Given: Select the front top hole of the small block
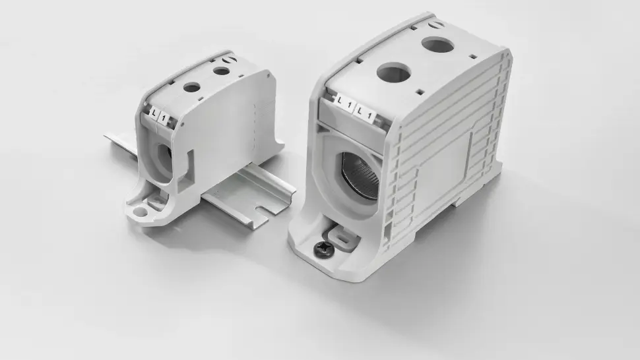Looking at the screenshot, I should [191, 86].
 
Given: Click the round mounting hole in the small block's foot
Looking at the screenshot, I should [141, 212].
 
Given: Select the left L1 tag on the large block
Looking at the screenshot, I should [343, 103].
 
